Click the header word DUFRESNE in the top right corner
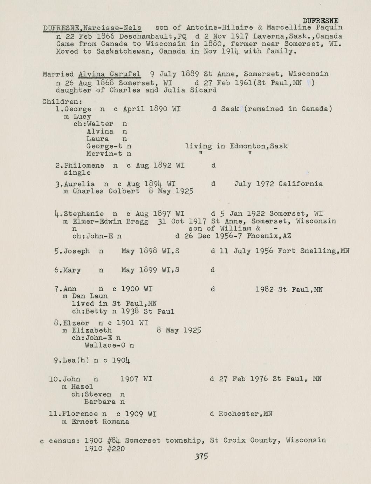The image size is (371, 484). click(320, 21)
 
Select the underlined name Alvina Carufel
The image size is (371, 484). click(110, 74)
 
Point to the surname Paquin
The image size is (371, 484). click(329, 28)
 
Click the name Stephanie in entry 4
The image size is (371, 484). click(84, 214)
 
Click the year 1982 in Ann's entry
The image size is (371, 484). click(264, 289)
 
